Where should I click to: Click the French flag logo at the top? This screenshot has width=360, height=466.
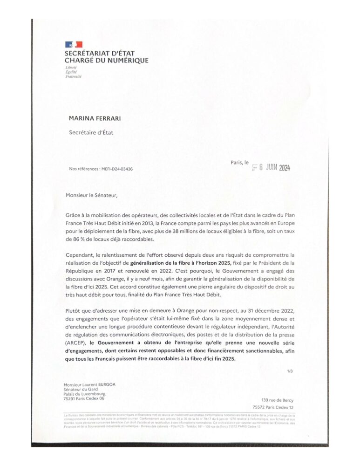74,45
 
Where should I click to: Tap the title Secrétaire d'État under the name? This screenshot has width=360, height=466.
91,132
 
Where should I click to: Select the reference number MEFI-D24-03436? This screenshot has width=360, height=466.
116,169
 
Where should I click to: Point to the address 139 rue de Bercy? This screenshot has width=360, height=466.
278,400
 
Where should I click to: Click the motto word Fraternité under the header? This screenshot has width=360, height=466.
74,76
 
